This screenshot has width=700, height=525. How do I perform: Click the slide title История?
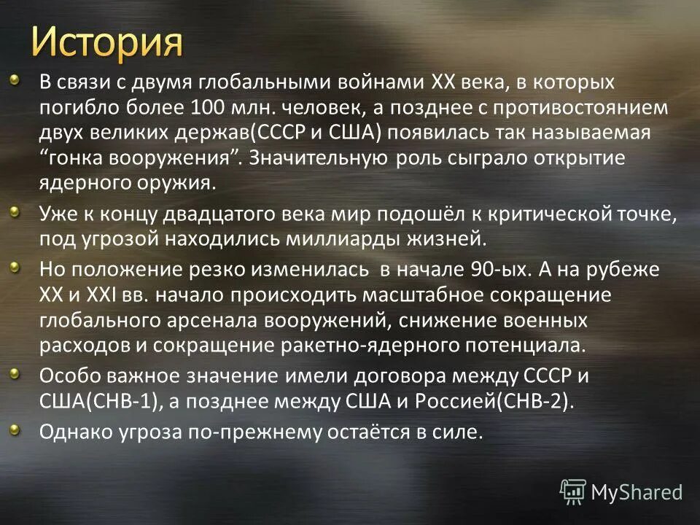(107, 42)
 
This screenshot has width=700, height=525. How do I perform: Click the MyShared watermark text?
(637, 492)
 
